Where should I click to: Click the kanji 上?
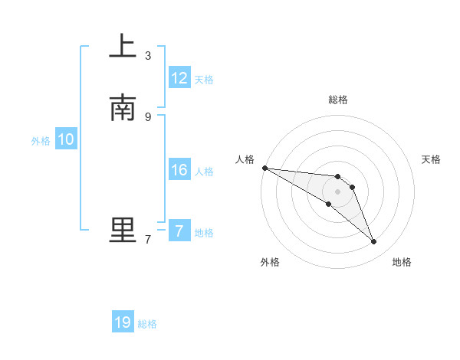click(x=122, y=46)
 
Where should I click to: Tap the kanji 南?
click(x=122, y=108)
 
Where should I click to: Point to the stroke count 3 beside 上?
click(x=148, y=55)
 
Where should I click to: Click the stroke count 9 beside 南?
click(x=148, y=116)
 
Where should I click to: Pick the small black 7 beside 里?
click(x=148, y=239)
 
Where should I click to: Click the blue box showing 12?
click(x=179, y=78)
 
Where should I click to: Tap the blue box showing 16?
click(x=179, y=170)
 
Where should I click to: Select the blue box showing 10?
click(x=66, y=139)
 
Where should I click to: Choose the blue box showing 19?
click(x=123, y=322)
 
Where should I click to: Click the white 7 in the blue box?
click(x=179, y=231)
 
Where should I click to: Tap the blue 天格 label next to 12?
click(x=204, y=80)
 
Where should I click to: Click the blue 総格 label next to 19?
click(x=147, y=324)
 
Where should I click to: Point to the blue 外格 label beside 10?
click(x=41, y=141)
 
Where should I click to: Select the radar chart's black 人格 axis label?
click(x=245, y=159)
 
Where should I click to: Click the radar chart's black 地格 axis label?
click(x=402, y=262)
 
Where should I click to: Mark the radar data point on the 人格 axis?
click(x=264, y=168)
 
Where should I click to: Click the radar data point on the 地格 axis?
click(x=373, y=242)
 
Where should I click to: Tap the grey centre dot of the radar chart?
click(x=337, y=191)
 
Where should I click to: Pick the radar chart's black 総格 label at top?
click(x=337, y=100)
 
